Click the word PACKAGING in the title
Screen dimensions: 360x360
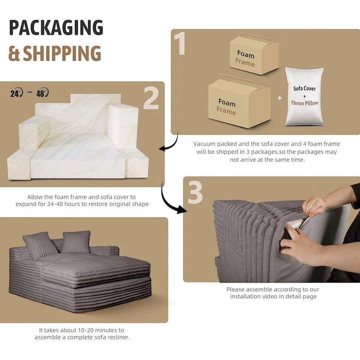[x=56, y=28]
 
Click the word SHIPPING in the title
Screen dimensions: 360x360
[x=62, y=54]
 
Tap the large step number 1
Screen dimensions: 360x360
[x=180, y=44]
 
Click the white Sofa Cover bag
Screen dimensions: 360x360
[x=304, y=96]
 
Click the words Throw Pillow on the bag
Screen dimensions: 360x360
[x=305, y=103]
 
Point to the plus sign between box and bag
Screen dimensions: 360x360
[x=279, y=98]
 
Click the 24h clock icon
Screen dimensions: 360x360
[x=16, y=93]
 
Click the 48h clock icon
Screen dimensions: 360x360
[x=43, y=93]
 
